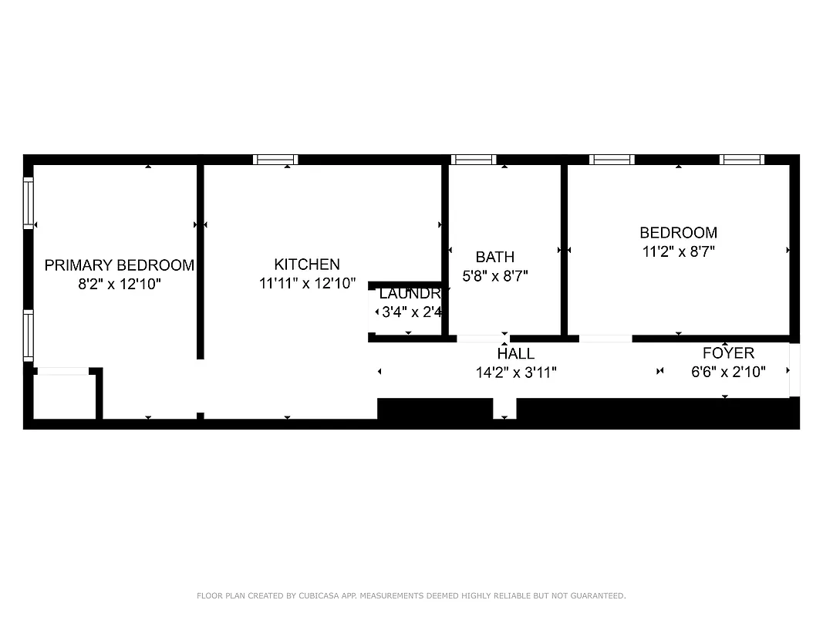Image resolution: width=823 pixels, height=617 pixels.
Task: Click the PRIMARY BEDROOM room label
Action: tap(119, 265)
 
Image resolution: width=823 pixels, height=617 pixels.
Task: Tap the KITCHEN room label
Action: tap(307, 264)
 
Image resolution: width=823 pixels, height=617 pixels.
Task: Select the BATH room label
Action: tap(494, 257)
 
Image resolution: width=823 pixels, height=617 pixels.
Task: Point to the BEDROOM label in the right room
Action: tap(678, 232)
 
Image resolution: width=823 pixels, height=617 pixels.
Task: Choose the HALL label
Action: tap(515, 353)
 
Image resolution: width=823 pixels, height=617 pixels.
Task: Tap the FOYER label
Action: tap(727, 352)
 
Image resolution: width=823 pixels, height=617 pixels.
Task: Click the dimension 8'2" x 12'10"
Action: tap(119, 284)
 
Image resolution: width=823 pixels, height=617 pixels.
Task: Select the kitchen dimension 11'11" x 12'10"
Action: tap(307, 283)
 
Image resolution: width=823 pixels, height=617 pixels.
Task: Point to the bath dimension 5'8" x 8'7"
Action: tap(494, 275)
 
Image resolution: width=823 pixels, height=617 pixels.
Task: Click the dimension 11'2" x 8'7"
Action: tap(678, 251)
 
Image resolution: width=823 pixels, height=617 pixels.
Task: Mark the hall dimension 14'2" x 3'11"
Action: tap(515, 372)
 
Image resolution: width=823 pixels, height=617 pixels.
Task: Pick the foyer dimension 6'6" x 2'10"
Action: tap(727, 372)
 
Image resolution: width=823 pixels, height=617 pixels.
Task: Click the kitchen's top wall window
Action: tap(275, 160)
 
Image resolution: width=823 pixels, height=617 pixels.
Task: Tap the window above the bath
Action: tap(473, 160)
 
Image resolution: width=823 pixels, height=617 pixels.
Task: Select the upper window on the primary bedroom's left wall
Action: tap(29, 202)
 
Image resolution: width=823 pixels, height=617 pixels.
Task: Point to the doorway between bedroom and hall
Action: tap(605, 339)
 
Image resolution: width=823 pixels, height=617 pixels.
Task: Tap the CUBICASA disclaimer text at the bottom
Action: tap(411, 595)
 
